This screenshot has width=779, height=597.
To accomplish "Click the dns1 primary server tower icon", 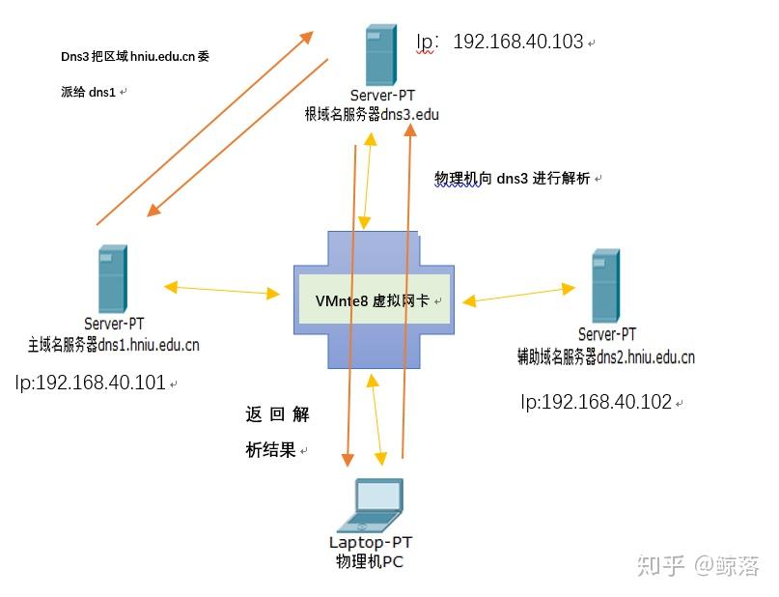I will click(x=111, y=278).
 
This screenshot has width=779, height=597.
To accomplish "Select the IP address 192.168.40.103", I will click(x=517, y=42).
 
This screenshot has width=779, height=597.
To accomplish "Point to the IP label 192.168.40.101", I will click(x=91, y=383).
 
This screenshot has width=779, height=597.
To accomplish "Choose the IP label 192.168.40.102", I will click(x=596, y=402).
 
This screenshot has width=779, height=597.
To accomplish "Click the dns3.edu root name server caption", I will click(x=372, y=114).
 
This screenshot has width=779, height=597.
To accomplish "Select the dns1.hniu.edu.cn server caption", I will click(x=114, y=343).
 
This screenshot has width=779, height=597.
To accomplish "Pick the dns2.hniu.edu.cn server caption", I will click(x=606, y=356).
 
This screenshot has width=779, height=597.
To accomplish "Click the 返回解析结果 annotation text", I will click(x=277, y=432).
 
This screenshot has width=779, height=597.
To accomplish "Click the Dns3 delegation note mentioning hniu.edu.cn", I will click(x=135, y=73).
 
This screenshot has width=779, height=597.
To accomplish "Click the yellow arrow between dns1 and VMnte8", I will click(x=222, y=288).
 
